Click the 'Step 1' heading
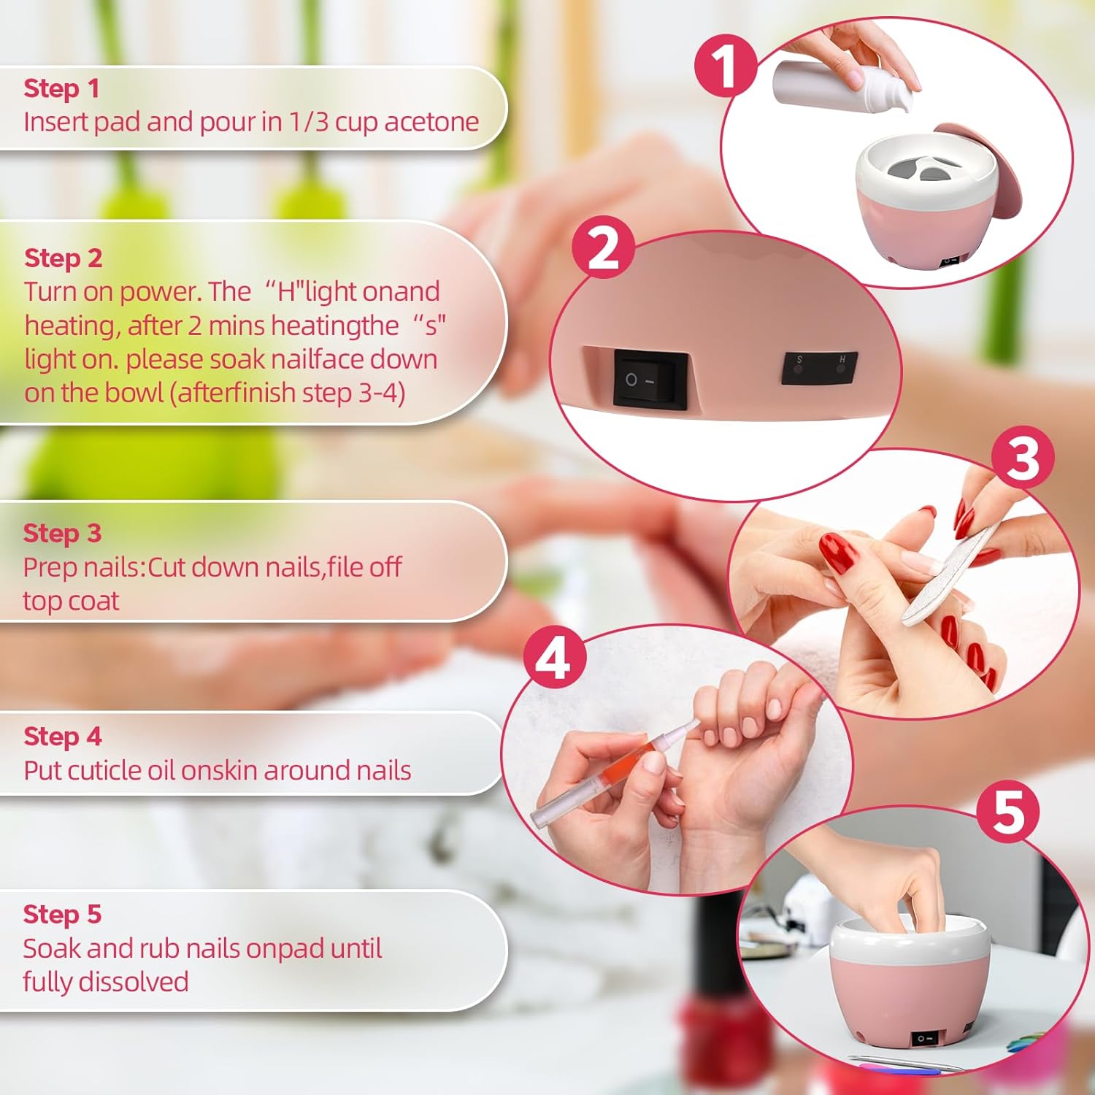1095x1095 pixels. pos(61,88)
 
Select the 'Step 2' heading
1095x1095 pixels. pos(63,258)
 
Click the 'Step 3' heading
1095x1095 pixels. pos(62,533)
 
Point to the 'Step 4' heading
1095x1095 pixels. pos(62,736)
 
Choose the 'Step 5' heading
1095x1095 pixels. pos(62,914)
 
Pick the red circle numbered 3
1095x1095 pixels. pos(1023,458)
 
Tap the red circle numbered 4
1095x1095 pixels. pos(555,658)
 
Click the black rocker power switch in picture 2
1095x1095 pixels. pos(650,379)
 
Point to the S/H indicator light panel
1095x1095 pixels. pos(820,367)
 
